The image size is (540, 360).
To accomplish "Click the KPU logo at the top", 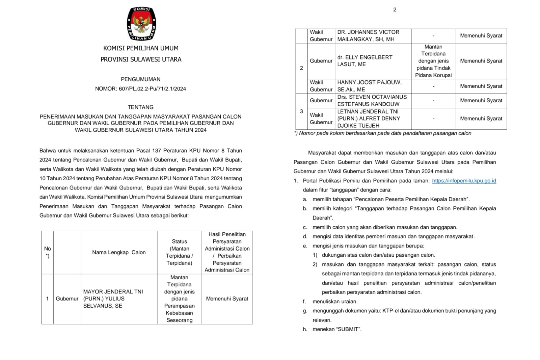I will [x=141, y=24].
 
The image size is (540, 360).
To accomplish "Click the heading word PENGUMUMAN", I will [x=141, y=79].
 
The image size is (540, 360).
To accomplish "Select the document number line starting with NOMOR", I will [x=140, y=89].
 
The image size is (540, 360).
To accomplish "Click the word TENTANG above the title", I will [x=141, y=107].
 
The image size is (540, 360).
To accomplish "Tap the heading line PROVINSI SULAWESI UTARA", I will [x=141, y=59].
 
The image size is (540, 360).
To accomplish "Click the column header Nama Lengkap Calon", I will [x=119, y=252].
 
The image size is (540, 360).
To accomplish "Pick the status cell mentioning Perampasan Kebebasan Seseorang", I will [x=179, y=299].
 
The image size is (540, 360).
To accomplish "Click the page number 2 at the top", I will [x=395, y=10].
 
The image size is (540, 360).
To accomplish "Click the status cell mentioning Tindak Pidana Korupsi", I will [x=433, y=61].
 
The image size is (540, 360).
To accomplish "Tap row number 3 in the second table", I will [x=301, y=111].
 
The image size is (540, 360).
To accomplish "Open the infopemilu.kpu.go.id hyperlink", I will [x=464, y=181].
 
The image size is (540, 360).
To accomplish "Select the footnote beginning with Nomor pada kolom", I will [x=383, y=133].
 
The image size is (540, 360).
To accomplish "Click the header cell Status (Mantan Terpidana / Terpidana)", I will [x=179, y=252].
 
